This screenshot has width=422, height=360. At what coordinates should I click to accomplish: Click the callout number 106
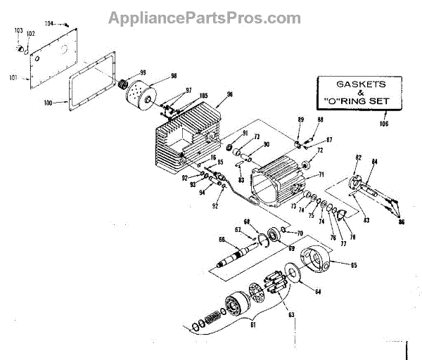click(383, 124)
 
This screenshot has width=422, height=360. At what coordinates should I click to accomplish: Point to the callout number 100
click(48, 103)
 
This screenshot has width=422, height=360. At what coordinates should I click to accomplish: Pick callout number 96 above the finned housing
click(229, 94)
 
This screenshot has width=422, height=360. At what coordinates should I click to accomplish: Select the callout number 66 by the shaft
click(222, 240)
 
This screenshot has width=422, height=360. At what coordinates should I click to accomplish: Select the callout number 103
click(18, 31)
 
